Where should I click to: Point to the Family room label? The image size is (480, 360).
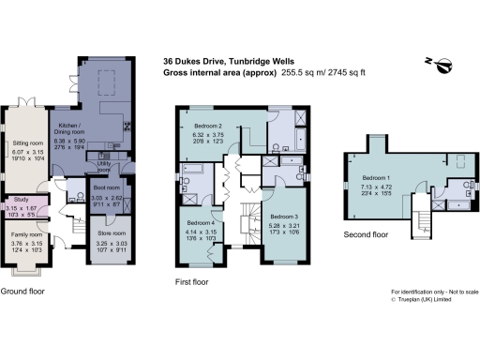24,234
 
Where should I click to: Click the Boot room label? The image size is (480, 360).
105,187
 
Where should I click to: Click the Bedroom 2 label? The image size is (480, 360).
207,126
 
